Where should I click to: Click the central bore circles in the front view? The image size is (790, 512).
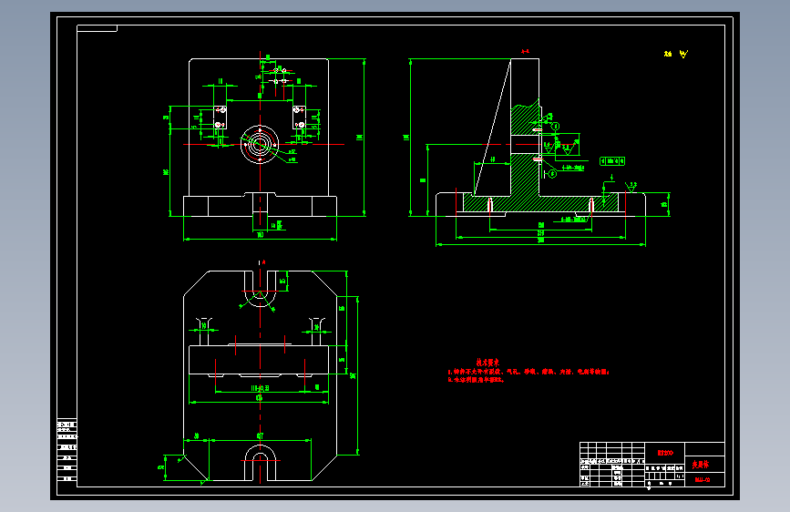(x=260, y=143)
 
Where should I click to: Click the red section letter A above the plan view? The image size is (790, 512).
(x=262, y=261)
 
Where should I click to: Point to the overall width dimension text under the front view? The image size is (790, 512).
(x=261, y=235)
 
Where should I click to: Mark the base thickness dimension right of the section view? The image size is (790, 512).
(x=664, y=204)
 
